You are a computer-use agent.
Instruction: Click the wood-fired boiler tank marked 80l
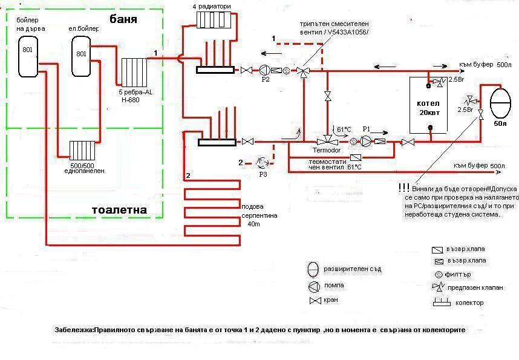point(27,56)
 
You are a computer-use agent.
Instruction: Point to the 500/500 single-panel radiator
point(83,150)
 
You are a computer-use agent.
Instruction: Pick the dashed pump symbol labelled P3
point(262,162)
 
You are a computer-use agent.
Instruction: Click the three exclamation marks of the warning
point(403,188)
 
